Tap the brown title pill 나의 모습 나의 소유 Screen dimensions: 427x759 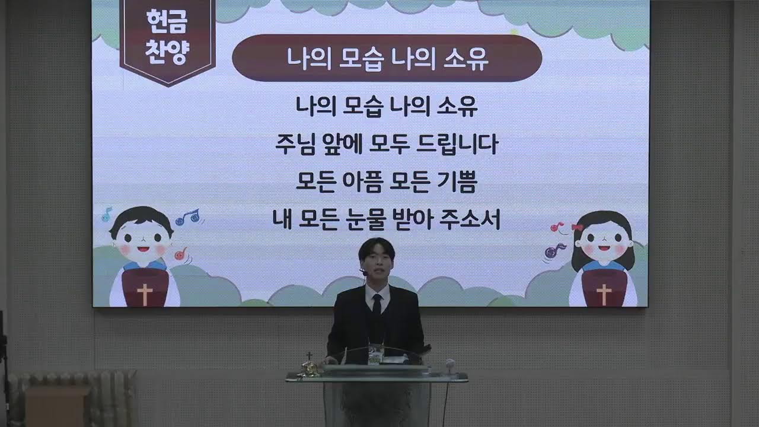[387, 58]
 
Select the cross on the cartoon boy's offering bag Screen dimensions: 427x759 [144, 294]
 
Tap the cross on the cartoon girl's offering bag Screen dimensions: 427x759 [604, 294]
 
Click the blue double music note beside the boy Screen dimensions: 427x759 [188, 217]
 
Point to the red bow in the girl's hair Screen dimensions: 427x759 [577, 227]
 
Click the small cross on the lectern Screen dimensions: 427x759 [309, 358]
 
